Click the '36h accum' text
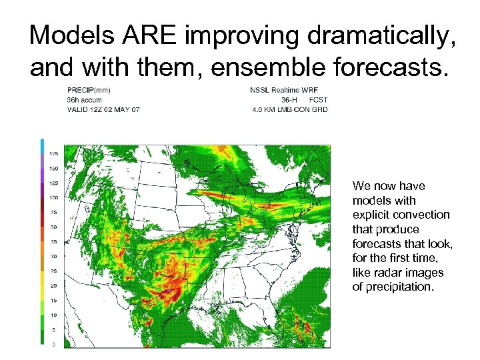[85, 100]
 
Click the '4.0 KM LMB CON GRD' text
[289, 109]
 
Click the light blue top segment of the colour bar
[42, 145]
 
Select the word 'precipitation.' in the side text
[400, 287]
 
